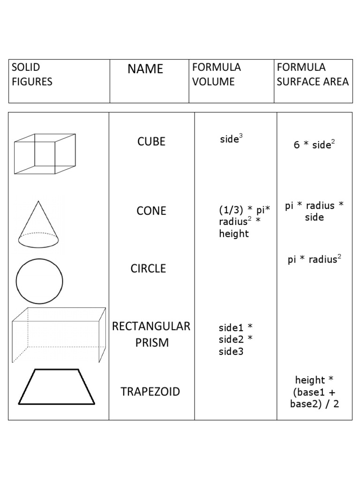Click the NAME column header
[x=145, y=69]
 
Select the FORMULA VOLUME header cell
[x=216, y=75]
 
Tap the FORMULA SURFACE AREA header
[x=312, y=75]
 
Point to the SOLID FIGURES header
[x=32, y=75]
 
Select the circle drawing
[x=39, y=281]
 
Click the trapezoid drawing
[x=57, y=387]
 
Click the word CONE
[x=151, y=211]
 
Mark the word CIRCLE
[x=148, y=269]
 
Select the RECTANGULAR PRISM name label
[x=151, y=334]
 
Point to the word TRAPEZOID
[x=150, y=392]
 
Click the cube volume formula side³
[x=232, y=139]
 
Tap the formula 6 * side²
[x=315, y=144]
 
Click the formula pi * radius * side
[x=315, y=211]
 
